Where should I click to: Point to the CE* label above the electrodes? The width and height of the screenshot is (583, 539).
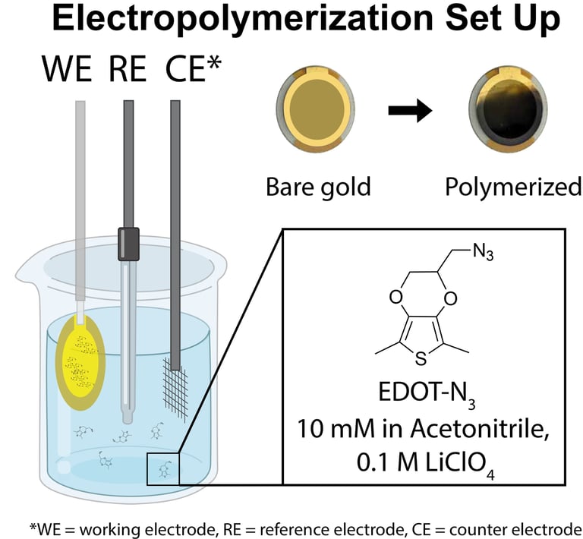coord(194,74)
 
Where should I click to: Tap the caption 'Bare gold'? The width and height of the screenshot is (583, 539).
coord(318,187)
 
